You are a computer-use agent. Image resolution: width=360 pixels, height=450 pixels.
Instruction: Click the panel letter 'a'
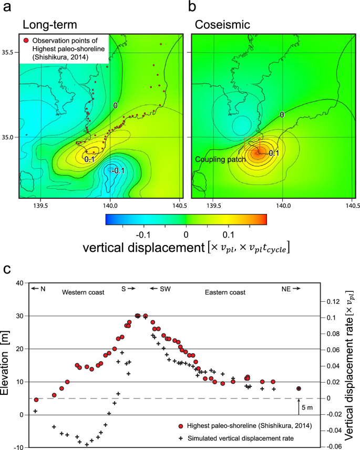(8, 6)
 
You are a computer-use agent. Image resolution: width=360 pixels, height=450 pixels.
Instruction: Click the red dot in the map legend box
(25, 40)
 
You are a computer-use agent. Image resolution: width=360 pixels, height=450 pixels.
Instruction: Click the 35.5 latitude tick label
(9, 53)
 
